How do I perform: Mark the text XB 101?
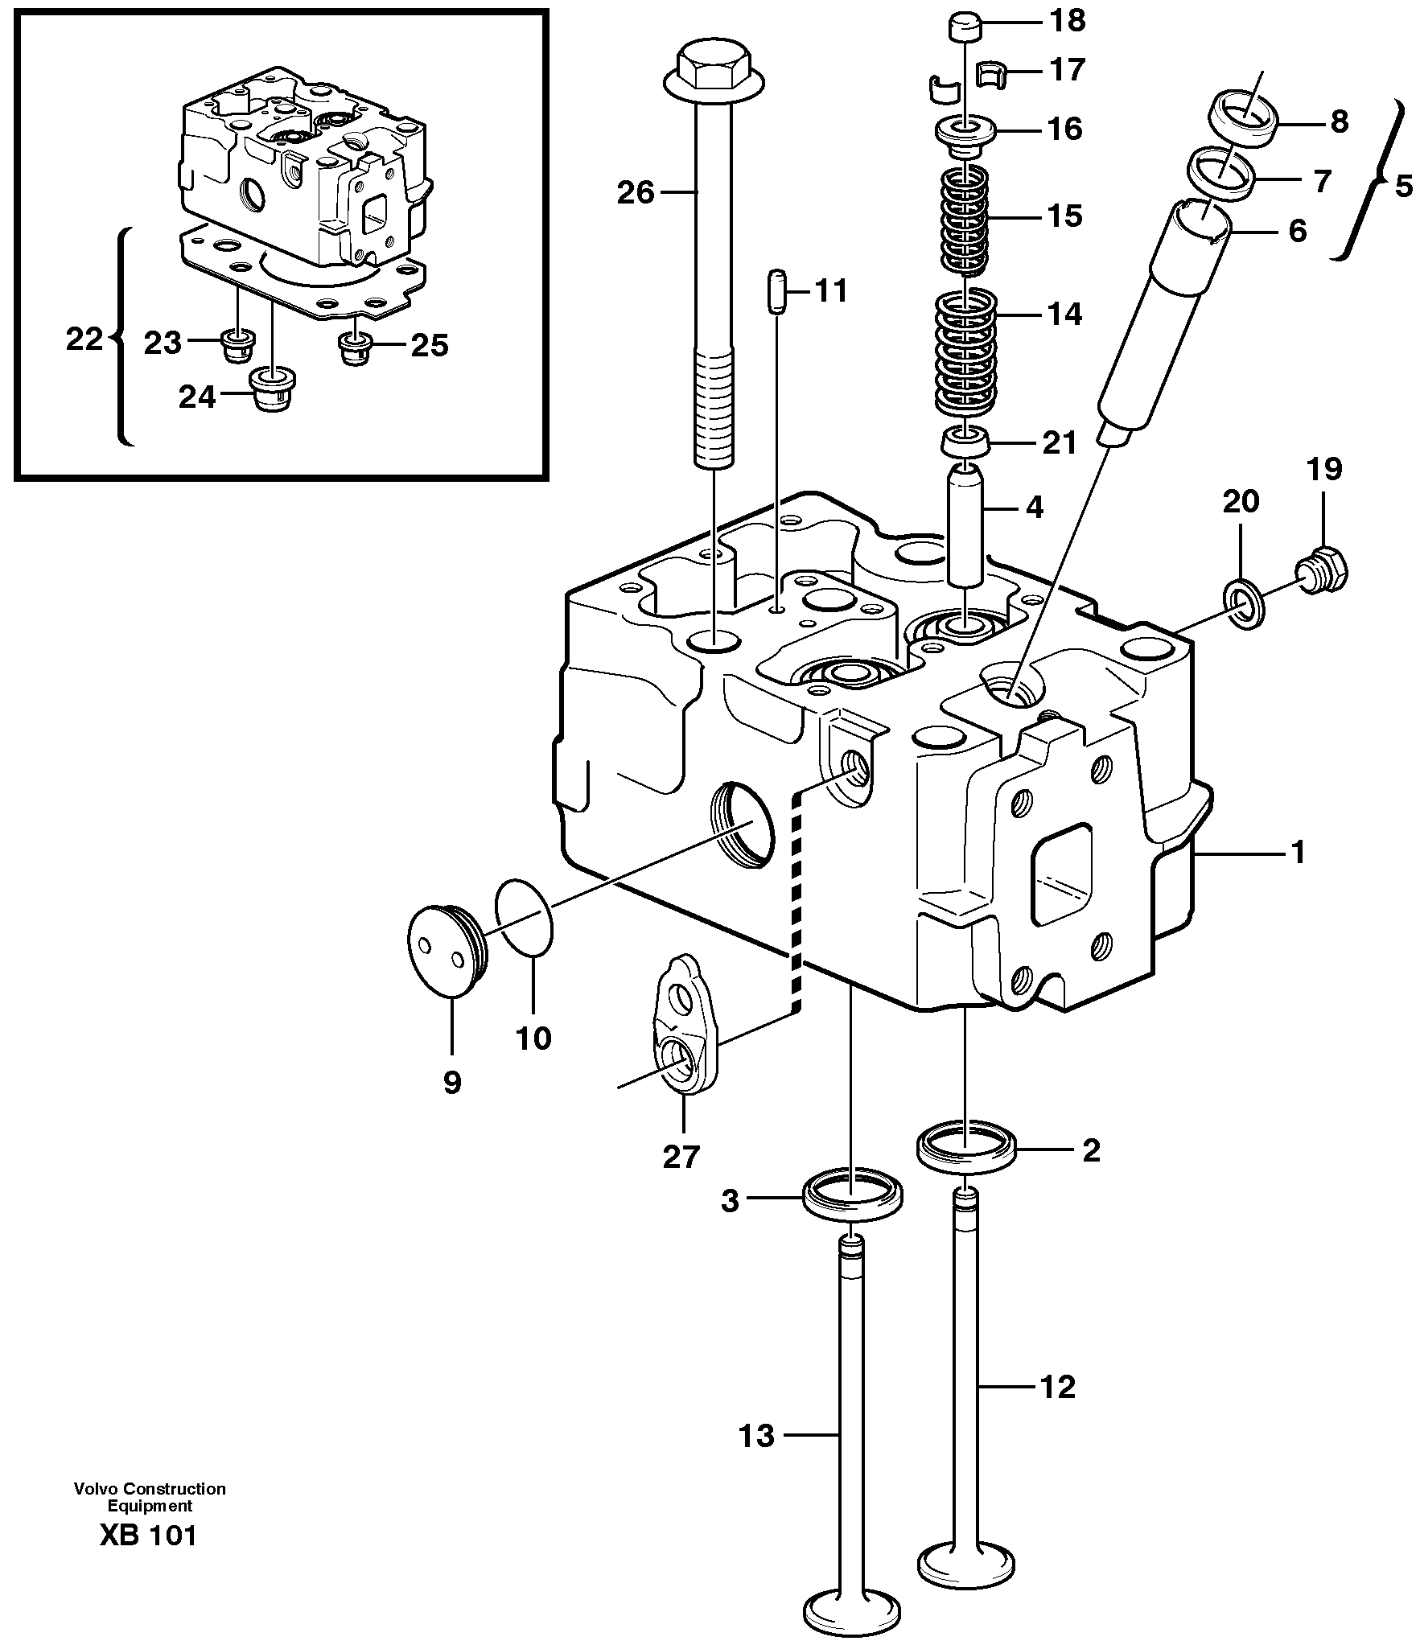pos(148,1535)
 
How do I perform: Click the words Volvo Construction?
pos(150,1489)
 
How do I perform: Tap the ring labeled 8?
pos(1245,120)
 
